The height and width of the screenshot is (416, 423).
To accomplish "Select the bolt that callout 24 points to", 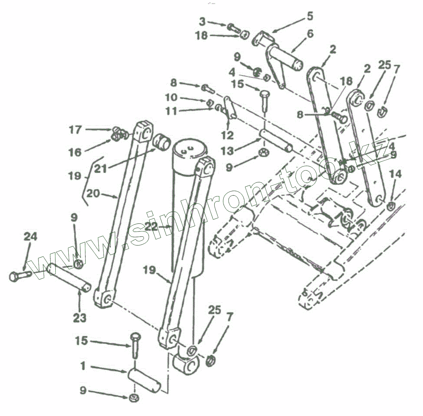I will (19, 275).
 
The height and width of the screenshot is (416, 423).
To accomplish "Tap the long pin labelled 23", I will (68, 277).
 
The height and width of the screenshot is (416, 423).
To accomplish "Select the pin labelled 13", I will (276, 140).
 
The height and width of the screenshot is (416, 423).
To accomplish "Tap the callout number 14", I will (395, 175).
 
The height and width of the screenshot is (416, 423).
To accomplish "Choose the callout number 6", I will (310, 34).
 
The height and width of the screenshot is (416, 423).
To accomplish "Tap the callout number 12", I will (227, 135).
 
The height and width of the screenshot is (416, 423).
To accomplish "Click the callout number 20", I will (93, 194).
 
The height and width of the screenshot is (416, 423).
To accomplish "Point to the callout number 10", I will (171, 98).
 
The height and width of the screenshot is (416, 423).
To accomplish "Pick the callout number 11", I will (171, 111).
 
